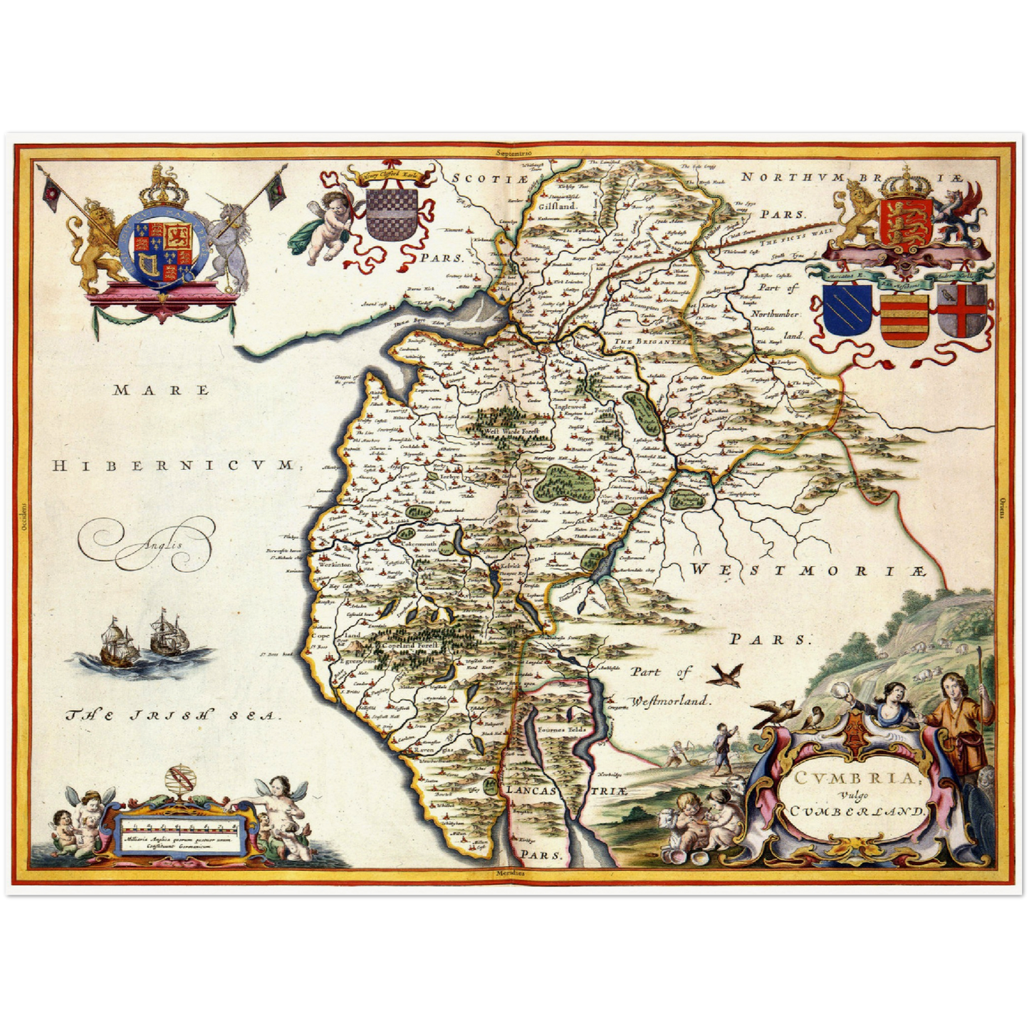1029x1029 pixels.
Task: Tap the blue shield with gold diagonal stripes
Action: (x=847, y=313)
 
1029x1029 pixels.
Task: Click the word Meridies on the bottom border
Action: (x=513, y=872)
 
